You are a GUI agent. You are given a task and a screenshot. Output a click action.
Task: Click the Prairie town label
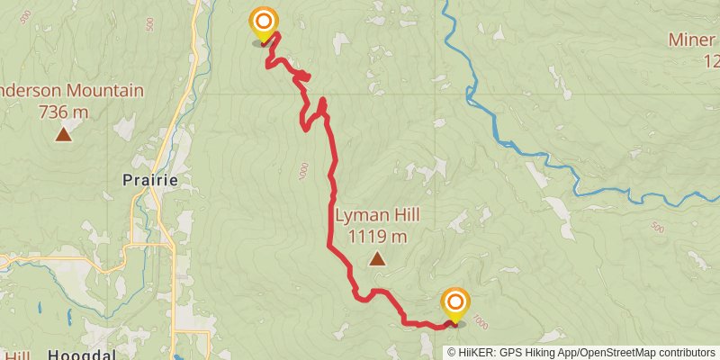(x=149, y=180)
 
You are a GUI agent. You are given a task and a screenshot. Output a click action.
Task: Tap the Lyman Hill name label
(x=377, y=216)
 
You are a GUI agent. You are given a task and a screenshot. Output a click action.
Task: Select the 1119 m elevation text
(x=377, y=237)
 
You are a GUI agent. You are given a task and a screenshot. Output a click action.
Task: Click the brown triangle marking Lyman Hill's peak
(x=377, y=260)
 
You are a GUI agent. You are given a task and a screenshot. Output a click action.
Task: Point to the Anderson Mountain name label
(x=71, y=91)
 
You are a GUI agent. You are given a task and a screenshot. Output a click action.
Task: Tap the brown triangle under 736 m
(x=63, y=135)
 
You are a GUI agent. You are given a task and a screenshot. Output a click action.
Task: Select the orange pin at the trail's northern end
(x=263, y=24)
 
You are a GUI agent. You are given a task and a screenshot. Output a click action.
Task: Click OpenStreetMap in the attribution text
(x=620, y=352)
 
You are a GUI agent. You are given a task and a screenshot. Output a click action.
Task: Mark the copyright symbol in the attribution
(x=452, y=352)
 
